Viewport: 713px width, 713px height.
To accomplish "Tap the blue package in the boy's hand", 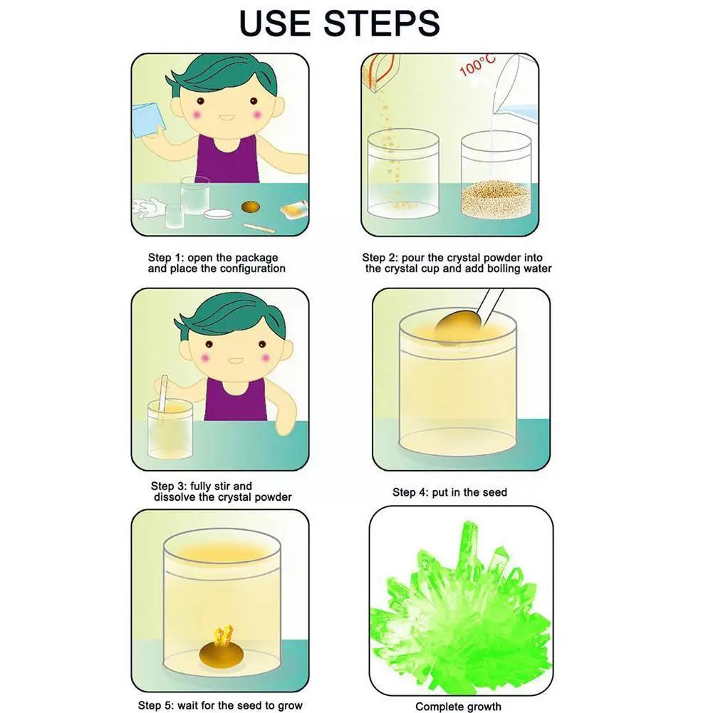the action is tap(148, 120).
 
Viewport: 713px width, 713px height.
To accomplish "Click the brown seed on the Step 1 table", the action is tap(251, 207).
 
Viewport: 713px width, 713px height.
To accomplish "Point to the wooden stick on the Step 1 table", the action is tap(259, 228).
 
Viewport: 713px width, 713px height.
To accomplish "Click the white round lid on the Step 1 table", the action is tap(218, 214).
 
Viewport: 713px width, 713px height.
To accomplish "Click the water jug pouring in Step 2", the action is tap(516, 86).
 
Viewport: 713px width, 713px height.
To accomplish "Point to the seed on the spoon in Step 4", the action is tap(458, 323).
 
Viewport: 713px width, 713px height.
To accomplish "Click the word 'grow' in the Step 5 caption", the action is tap(290, 706).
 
